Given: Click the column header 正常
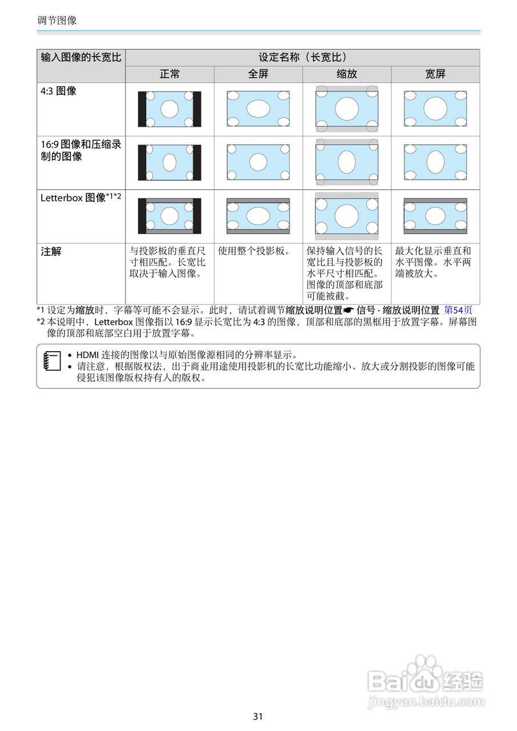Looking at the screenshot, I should [170, 74].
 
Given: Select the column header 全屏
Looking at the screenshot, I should [258, 74].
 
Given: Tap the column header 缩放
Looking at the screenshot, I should [347, 74].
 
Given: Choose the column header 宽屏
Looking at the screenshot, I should [435, 74].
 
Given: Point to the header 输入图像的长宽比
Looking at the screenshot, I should [81, 58].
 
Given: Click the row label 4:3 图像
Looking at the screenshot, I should [58, 91].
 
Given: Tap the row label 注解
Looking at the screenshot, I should [51, 251].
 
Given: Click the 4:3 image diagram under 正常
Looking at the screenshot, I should [170, 109].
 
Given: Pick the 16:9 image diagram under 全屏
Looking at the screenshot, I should [258, 162].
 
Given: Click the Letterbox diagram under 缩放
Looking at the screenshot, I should [347, 216].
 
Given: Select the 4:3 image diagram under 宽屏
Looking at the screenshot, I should [435, 109].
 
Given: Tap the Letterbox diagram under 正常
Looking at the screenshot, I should [170, 216].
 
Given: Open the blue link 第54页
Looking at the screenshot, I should [458, 310].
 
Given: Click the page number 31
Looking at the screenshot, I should [258, 716].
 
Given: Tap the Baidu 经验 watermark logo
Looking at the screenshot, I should [426, 680].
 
